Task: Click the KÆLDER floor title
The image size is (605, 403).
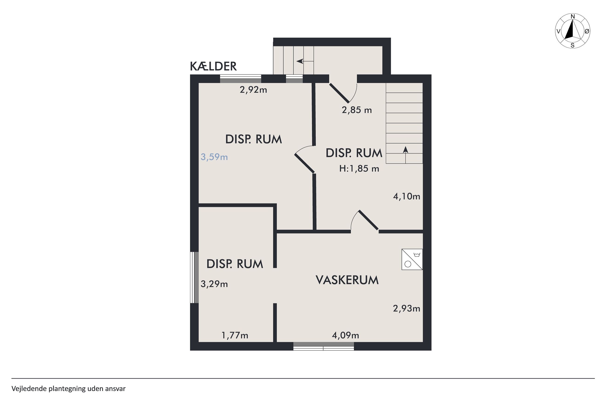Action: click(213, 66)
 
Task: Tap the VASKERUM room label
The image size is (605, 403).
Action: click(347, 280)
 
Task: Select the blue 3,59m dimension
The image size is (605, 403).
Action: click(214, 157)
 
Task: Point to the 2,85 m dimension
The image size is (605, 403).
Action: click(357, 110)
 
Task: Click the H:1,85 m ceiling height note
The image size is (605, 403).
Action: click(359, 169)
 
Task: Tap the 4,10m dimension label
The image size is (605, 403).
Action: click(407, 197)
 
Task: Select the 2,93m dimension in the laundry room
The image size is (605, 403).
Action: click(407, 308)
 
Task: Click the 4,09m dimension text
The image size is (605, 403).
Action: click(345, 335)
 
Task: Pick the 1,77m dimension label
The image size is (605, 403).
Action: click(235, 335)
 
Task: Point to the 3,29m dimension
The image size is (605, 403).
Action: click(214, 284)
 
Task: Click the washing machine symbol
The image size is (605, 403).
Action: click(412, 259)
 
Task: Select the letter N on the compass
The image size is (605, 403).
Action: click(573, 17)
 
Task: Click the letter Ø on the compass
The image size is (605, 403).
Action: click(587, 31)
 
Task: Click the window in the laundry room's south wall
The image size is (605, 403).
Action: click(323, 346)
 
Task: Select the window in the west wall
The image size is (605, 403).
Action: click(194, 277)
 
